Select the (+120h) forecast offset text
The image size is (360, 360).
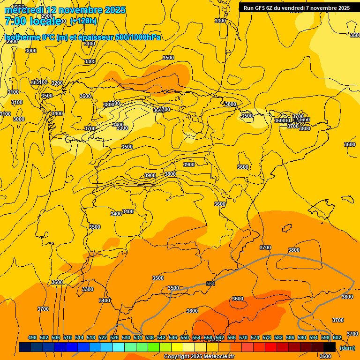[83, 21]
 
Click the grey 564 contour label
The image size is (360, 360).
[210, 284]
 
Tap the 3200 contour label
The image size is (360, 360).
[57, 83]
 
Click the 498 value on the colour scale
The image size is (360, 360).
[32, 337]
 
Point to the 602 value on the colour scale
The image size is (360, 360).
[337, 337]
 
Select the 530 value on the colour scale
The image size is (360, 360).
[126, 337]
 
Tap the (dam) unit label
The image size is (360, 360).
[347, 348]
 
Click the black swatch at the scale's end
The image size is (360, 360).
[330, 347]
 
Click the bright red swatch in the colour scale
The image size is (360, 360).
[271, 347]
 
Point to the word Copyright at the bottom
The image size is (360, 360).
[177, 357]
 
